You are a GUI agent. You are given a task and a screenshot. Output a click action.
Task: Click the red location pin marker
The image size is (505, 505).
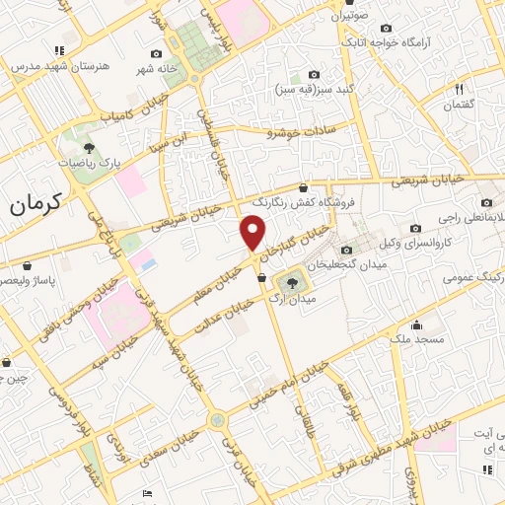pyautogui.click(x=252, y=233)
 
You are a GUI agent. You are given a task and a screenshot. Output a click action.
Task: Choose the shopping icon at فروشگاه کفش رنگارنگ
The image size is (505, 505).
pyautogui.click(x=303, y=187)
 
